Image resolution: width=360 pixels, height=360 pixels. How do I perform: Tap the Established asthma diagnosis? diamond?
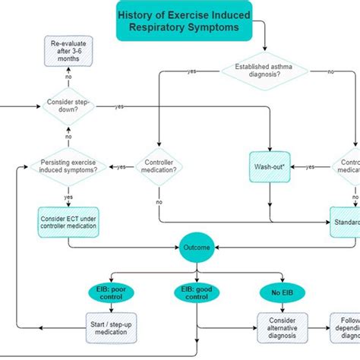(x=264, y=71)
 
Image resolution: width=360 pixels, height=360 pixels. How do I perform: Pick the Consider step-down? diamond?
(x=68, y=106)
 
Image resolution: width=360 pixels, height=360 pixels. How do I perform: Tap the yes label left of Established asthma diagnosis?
(x=192, y=71)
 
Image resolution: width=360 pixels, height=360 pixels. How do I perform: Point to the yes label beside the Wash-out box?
(x=310, y=166)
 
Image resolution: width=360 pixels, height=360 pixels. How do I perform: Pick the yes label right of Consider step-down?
(x=119, y=107)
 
